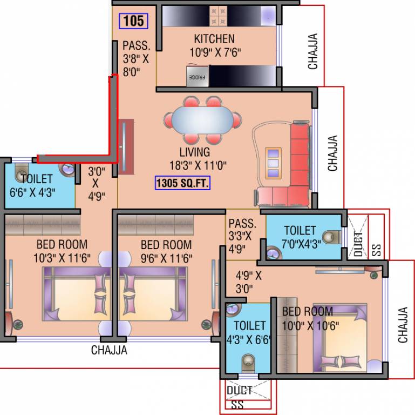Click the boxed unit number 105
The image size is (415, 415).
pos(133,21)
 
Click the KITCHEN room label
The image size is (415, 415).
pos(214,39)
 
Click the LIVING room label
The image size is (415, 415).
pos(195,152)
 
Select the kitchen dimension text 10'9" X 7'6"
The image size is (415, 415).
pos(214,52)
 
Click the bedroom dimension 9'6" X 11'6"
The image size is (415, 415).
pos(166,258)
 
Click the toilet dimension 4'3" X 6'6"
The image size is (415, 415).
pos(249,339)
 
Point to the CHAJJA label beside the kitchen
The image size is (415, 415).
pos(313,52)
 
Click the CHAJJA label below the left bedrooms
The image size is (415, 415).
pos(109,350)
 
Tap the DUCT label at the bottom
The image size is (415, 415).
pos(239,390)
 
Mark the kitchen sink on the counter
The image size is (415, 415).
pos(269,15)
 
